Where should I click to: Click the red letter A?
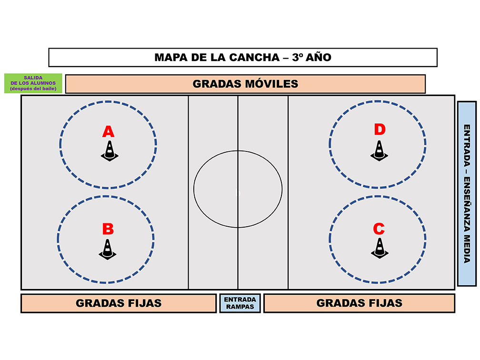point(108,131)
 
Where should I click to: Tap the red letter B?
point(108,229)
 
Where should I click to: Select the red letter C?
point(379,229)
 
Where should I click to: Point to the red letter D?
point(380,129)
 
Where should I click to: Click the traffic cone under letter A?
point(110,151)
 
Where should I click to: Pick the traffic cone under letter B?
point(108,249)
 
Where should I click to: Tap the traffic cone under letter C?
point(380,248)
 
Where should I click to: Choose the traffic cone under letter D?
point(379,150)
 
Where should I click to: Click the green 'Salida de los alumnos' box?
point(33,83)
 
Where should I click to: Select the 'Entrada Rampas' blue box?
point(240,303)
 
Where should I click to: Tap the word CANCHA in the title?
point(254,57)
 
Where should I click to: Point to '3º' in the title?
point(297,57)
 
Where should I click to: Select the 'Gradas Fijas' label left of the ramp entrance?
point(119,303)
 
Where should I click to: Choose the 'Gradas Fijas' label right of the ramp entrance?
point(360,303)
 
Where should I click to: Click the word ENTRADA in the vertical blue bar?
point(467,145)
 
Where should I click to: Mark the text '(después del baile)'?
point(33,89)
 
